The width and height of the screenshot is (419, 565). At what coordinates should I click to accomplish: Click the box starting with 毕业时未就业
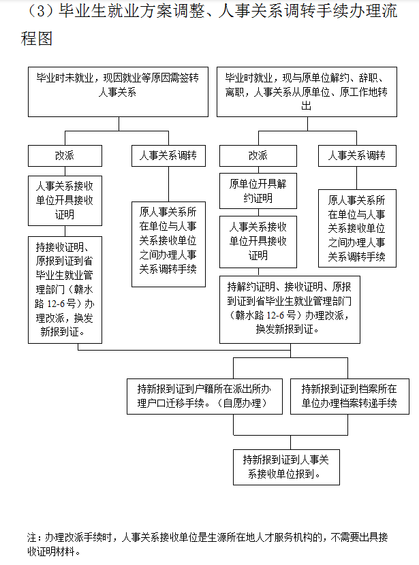point(119,92)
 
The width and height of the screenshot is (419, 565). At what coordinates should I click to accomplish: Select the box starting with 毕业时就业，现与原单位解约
point(307,92)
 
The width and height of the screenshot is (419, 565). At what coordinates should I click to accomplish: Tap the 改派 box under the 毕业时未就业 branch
point(65,156)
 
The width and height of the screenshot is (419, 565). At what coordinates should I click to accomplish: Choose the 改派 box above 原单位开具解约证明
point(258,156)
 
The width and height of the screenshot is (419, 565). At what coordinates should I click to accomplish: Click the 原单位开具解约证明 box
point(258,191)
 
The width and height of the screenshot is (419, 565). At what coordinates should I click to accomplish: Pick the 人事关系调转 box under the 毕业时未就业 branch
point(168,156)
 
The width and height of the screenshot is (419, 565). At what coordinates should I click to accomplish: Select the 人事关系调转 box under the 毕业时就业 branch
point(357,156)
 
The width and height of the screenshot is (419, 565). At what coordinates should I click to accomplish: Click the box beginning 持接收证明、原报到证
point(65,289)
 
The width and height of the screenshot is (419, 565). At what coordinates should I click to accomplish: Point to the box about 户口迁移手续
point(204,396)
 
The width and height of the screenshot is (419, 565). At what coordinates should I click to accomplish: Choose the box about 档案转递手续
point(349,396)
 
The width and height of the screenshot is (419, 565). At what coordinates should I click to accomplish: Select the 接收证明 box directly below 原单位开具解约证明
point(258,241)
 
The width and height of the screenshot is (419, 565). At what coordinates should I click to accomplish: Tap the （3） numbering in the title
point(38,13)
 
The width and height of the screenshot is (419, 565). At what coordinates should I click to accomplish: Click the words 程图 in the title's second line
point(37,38)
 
